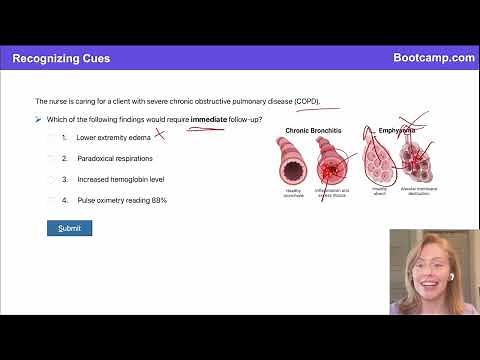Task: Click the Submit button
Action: click(x=69, y=228)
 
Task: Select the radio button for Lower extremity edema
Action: click(x=52, y=137)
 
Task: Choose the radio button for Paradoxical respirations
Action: click(x=52, y=158)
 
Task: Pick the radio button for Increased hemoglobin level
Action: click(x=52, y=179)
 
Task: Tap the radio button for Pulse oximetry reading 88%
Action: click(x=52, y=200)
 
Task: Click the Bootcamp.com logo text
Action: click(x=434, y=58)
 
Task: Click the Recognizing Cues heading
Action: click(x=62, y=58)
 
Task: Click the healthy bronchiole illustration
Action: click(x=294, y=160)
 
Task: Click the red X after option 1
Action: click(x=158, y=135)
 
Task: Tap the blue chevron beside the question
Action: click(x=37, y=119)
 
